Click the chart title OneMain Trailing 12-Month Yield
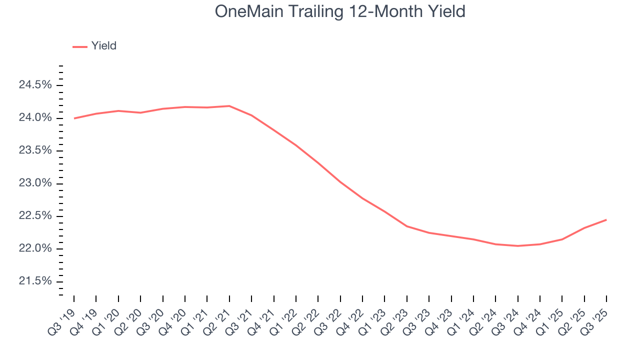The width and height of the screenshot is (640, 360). (x=340, y=12)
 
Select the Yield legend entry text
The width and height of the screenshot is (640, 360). (x=104, y=46)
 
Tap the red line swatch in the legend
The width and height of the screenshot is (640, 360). (x=80, y=46)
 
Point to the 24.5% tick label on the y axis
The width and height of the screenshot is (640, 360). (x=35, y=85)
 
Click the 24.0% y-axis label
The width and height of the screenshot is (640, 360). (x=35, y=118)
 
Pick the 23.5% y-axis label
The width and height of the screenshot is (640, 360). (x=35, y=151)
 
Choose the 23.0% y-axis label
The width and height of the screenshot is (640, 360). (x=35, y=183)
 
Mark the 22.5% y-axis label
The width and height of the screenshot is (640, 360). (x=35, y=216)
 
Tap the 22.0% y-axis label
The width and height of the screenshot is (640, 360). (x=35, y=249)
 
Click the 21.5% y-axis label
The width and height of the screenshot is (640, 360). (x=35, y=281)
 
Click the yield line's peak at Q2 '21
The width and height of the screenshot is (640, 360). (x=229, y=106)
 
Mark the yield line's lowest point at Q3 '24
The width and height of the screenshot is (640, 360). (x=518, y=246)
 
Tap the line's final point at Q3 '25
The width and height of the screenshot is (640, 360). (x=606, y=220)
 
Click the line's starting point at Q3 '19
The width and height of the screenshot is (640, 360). (x=74, y=118)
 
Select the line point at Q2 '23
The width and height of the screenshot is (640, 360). (x=407, y=226)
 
